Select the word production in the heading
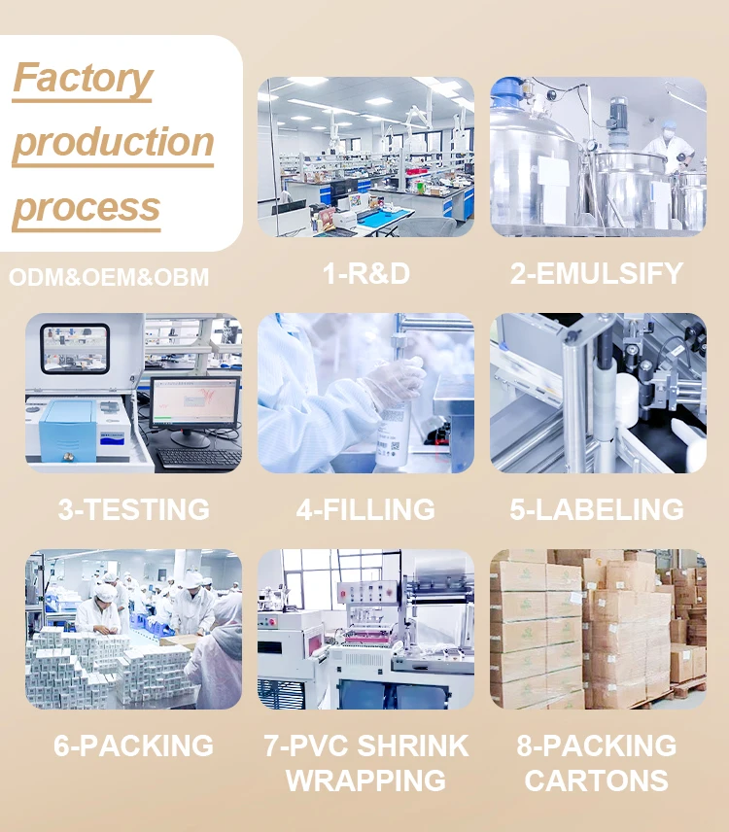click(113, 143)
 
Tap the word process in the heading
click(87, 207)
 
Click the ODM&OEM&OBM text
click(109, 278)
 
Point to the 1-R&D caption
click(366, 274)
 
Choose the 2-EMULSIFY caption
click(597, 274)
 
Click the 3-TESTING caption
click(133, 509)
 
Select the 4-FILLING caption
click(365, 509)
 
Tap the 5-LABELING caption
click(597, 509)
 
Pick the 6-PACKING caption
click(133, 745)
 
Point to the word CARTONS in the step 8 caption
click(597, 780)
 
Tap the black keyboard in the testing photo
click(199, 457)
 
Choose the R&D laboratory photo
click(365, 156)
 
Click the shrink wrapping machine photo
click(365, 629)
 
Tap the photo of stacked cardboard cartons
click(598, 629)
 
